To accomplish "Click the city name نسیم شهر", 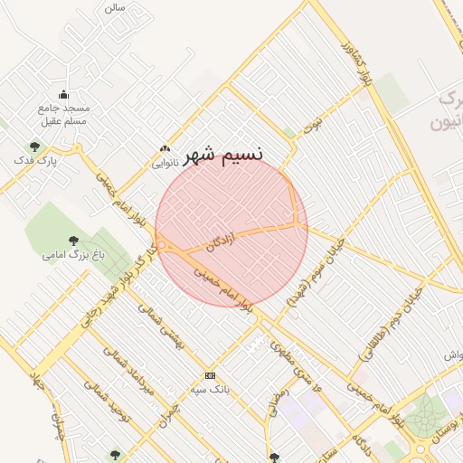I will point(223,155).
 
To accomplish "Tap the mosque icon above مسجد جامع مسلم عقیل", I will point(63,95).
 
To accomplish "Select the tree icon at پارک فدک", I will point(34,146).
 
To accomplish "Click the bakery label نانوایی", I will point(164,164).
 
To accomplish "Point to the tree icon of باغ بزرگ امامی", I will point(73,241).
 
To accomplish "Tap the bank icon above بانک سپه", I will point(210,376).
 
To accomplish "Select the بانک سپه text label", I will point(210,389).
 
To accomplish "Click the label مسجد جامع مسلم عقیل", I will point(63,114).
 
